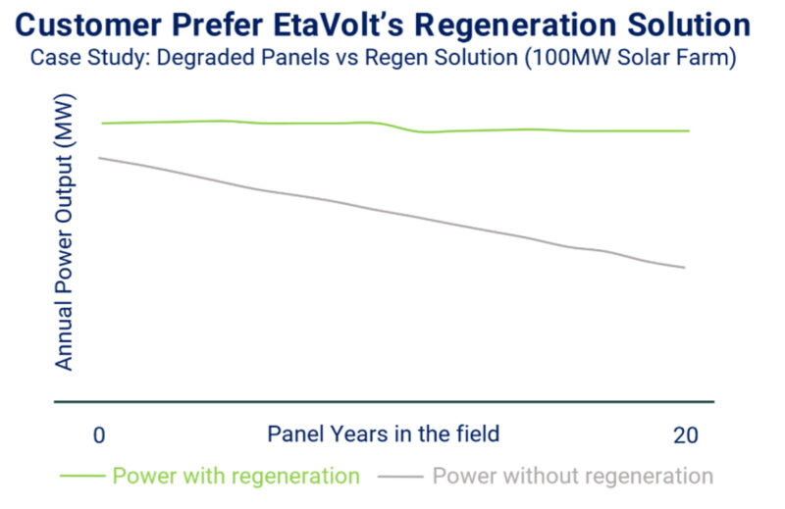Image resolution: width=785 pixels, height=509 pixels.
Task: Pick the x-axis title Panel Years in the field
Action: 383,433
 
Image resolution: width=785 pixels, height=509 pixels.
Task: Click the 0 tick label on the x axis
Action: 98,435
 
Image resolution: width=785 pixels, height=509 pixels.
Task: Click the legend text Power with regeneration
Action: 235,477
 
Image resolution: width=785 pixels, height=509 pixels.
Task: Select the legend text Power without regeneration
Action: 572,477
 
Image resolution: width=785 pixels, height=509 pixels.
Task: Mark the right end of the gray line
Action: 684,268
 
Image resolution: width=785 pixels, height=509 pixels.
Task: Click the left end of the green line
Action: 102,124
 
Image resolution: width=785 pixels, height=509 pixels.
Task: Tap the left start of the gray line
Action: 102,158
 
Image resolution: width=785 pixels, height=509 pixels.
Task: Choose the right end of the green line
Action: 689,130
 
